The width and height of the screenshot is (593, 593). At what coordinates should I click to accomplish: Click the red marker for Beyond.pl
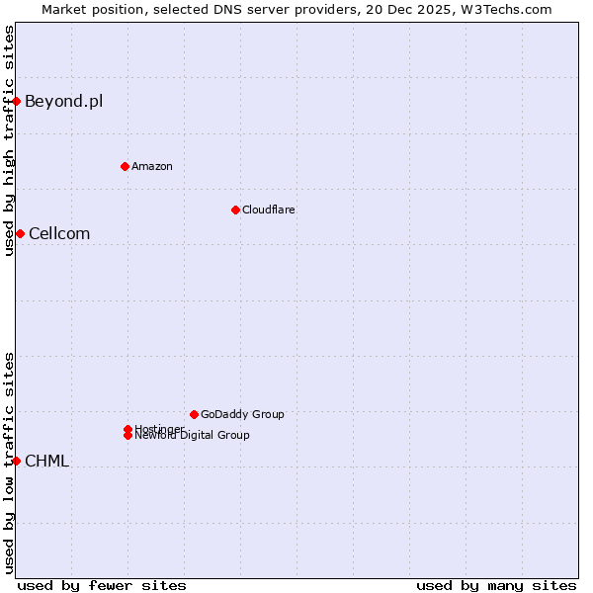click(x=17, y=101)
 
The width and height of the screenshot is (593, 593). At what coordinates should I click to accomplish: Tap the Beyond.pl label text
click(x=63, y=101)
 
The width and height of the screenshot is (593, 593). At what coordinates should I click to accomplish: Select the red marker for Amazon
click(x=125, y=166)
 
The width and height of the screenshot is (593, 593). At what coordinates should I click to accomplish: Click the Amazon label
click(x=152, y=166)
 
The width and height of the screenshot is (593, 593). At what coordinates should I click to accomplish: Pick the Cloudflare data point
click(x=235, y=210)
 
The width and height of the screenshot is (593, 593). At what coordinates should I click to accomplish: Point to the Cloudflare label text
click(x=268, y=210)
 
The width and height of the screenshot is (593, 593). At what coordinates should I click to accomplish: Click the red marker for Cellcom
click(x=20, y=233)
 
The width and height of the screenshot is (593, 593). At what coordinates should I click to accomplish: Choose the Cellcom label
click(x=59, y=233)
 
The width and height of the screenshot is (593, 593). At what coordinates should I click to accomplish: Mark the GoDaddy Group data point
click(x=194, y=414)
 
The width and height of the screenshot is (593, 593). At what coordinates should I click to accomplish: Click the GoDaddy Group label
click(x=242, y=414)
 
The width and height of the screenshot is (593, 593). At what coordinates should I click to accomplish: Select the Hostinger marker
click(x=127, y=429)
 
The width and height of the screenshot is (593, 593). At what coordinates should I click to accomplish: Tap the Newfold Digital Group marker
click(x=127, y=436)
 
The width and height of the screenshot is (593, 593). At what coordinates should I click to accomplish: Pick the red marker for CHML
click(x=17, y=461)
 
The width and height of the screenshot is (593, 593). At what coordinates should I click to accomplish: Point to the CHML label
click(x=46, y=461)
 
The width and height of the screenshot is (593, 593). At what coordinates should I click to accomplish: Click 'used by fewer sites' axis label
click(x=102, y=585)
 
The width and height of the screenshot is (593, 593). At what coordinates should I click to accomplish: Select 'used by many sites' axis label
click(x=496, y=585)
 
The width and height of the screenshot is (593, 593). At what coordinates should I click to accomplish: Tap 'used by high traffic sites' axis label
click(x=9, y=140)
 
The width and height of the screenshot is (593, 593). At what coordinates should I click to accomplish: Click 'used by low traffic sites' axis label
click(x=9, y=462)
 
